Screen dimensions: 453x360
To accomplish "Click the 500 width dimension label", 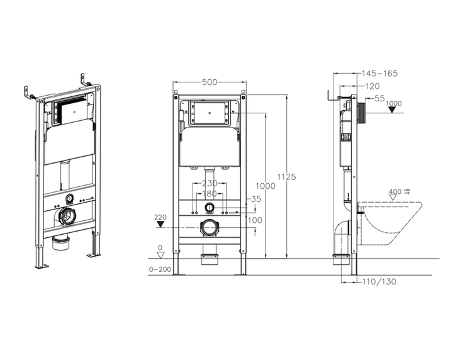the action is coord(210,82).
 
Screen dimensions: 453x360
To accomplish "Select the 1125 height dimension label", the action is coord(287,176).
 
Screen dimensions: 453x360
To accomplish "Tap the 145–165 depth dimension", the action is coord(379,74).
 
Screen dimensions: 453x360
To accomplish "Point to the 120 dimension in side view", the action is coord(372,86).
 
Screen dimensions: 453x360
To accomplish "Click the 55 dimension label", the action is coord(379,99).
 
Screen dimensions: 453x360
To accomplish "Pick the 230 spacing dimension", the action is coord(210,183).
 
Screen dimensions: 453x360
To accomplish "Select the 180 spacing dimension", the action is coord(210,194).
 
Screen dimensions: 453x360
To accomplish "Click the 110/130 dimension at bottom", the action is coord(379,281).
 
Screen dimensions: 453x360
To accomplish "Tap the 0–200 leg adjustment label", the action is coord(160,269).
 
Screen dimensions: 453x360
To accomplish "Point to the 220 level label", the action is coord(160,217).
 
